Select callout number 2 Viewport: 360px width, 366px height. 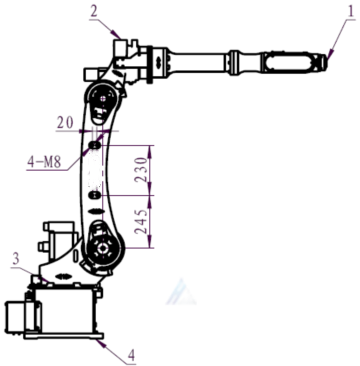click(x=94, y=12)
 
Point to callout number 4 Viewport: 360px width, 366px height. click(x=132, y=356)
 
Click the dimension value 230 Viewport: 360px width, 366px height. click(x=141, y=170)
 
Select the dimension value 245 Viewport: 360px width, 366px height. click(x=141, y=222)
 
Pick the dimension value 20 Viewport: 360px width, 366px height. click(x=65, y=123)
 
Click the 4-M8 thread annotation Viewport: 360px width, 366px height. click(x=44, y=163)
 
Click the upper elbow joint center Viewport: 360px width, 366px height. click(x=103, y=99)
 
